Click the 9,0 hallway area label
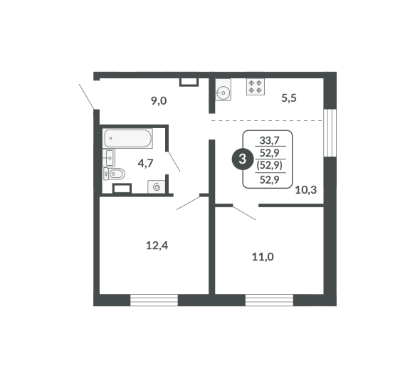pyautogui.click(x=159, y=101)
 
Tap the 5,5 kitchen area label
pyautogui.click(x=289, y=98)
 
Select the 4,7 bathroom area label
pyautogui.click(x=145, y=163)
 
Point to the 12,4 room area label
pyautogui.click(x=157, y=246)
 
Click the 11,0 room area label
pyautogui.click(x=263, y=257)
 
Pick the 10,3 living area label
pyautogui.click(x=306, y=190)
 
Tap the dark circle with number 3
pyautogui.click(x=243, y=159)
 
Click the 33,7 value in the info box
pyautogui.click(x=270, y=140)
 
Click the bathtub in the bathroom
pyautogui.click(x=127, y=138)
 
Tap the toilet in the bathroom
pyautogui.click(x=114, y=174)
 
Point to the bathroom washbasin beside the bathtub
pyautogui.click(x=109, y=158)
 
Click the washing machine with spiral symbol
pyautogui.click(x=157, y=187)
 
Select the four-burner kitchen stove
pyautogui.click(x=256, y=87)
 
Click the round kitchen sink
pyautogui.click(x=223, y=90)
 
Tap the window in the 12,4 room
pyautogui.click(x=154, y=300)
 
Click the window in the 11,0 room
pyautogui.click(x=270, y=300)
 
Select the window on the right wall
pyautogui.click(x=330, y=132)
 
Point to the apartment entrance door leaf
pyautogui.click(x=87, y=97)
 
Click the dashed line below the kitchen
pyautogui.click(x=266, y=121)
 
